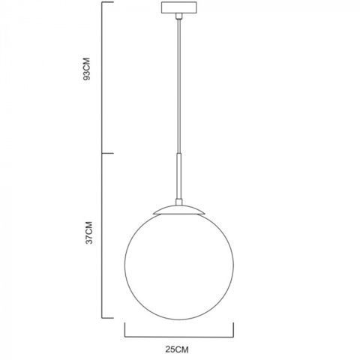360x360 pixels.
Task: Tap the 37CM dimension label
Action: [x=88, y=233]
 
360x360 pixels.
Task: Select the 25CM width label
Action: [x=178, y=349]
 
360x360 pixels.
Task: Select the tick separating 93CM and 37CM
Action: [x=107, y=154]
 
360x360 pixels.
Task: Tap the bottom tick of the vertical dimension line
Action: [x=107, y=317]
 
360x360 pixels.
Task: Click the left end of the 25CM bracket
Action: [x=124, y=330]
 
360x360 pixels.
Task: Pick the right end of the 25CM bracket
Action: [x=234, y=330]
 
